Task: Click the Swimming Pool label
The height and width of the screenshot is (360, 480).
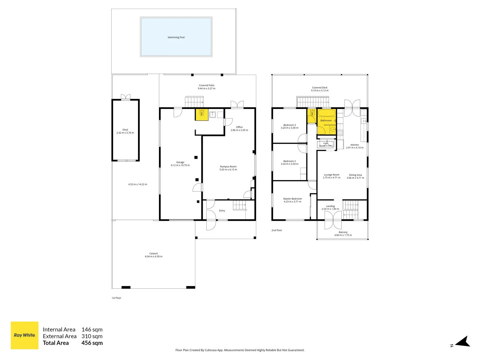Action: [x=176, y=37]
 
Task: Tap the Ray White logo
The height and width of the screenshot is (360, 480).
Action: [x=25, y=335]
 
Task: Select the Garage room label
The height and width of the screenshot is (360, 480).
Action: [x=180, y=162]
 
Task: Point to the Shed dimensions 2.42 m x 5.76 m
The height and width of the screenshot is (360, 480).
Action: [x=125, y=133]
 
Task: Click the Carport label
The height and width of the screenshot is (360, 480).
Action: [x=154, y=253]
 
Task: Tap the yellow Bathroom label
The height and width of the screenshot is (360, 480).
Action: [x=326, y=121]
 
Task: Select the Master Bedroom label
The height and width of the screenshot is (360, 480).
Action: [x=292, y=199]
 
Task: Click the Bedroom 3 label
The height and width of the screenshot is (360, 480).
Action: [x=290, y=125]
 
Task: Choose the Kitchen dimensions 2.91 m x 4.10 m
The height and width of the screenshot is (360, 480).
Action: [x=355, y=148]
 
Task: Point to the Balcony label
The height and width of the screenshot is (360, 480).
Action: [x=343, y=232]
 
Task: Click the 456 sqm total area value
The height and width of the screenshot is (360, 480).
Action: [x=92, y=343]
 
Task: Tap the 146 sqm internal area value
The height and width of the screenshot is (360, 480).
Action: [x=92, y=330]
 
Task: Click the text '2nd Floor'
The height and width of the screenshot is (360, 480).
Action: [x=277, y=230]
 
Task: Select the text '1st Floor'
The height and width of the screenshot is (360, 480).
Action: [x=116, y=298]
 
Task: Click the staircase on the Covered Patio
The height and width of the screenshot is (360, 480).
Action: [x=194, y=102]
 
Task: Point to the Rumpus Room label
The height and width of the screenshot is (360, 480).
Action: [x=228, y=167]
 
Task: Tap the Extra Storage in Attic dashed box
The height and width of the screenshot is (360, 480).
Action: [x=325, y=145]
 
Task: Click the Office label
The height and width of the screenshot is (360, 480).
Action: [x=239, y=127]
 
